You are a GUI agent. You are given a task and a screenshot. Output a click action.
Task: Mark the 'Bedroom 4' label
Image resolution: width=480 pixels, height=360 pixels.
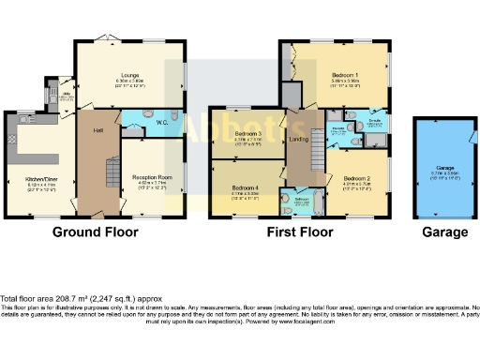pos(245,188)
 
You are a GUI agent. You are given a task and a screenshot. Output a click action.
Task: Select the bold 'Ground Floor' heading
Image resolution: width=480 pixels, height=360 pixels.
pos(95,232)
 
